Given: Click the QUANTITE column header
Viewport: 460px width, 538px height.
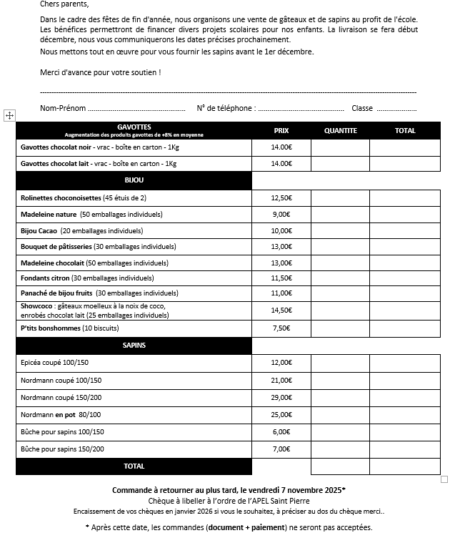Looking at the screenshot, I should tap(340, 131).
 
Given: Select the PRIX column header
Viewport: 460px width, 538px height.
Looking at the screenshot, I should tap(281, 131).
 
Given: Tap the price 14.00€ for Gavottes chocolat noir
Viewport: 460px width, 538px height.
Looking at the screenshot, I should tap(281, 147).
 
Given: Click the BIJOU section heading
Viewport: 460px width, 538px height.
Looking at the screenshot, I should tap(134, 180).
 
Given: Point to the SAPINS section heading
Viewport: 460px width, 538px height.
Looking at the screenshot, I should tap(134, 345).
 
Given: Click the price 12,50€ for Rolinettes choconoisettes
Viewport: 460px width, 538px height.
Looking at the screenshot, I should tap(281, 197).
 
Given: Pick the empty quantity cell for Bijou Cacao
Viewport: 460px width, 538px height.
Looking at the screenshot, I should tap(340, 231).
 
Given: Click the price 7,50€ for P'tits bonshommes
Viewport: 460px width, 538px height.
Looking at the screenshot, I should tap(281, 328).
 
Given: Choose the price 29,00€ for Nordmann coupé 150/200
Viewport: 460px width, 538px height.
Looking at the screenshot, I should tap(281, 397).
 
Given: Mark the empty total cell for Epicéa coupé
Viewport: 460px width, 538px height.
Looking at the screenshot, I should tap(405, 363).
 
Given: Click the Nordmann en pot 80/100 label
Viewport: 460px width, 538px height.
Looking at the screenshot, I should tap(61, 414).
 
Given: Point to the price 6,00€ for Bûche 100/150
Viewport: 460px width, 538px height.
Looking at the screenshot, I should tap(281, 431).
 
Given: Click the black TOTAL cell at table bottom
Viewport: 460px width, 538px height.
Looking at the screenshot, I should tap(134, 466).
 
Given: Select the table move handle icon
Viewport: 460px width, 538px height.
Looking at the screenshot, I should tap(9, 114).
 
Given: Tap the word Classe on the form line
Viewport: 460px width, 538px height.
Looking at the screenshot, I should tap(362, 109).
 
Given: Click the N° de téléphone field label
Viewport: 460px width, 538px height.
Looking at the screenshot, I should tap(226, 109).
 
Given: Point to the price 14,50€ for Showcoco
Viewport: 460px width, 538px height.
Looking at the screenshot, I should tap(281, 310).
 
